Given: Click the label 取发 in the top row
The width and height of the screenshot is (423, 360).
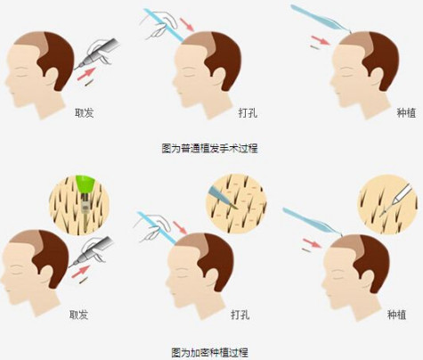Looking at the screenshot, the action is [x=84, y=113].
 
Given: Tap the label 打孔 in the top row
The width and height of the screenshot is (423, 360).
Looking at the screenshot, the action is [x=248, y=113].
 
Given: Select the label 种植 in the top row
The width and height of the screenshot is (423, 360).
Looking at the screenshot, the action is [x=406, y=113].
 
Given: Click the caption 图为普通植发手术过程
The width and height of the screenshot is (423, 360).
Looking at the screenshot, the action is [x=209, y=148].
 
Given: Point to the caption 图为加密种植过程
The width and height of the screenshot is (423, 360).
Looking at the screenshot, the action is [x=209, y=353].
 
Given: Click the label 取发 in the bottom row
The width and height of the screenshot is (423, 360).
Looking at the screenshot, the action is [x=78, y=315].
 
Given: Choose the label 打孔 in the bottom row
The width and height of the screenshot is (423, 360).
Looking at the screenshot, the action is [x=240, y=315].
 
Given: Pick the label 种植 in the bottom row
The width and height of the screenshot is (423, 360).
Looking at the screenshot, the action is [x=396, y=315].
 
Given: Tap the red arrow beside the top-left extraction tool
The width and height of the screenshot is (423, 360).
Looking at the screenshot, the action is [x=86, y=74].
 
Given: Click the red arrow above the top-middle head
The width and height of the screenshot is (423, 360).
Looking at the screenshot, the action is [x=187, y=24].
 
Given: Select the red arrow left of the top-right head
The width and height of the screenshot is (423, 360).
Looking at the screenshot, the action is [x=321, y=40].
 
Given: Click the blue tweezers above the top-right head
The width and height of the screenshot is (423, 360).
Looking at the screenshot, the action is [x=321, y=19].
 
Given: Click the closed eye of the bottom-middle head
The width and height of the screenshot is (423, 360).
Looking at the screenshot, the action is [x=180, y=273].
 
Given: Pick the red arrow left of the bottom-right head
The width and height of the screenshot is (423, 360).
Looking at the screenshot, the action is [x=313, y=243].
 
